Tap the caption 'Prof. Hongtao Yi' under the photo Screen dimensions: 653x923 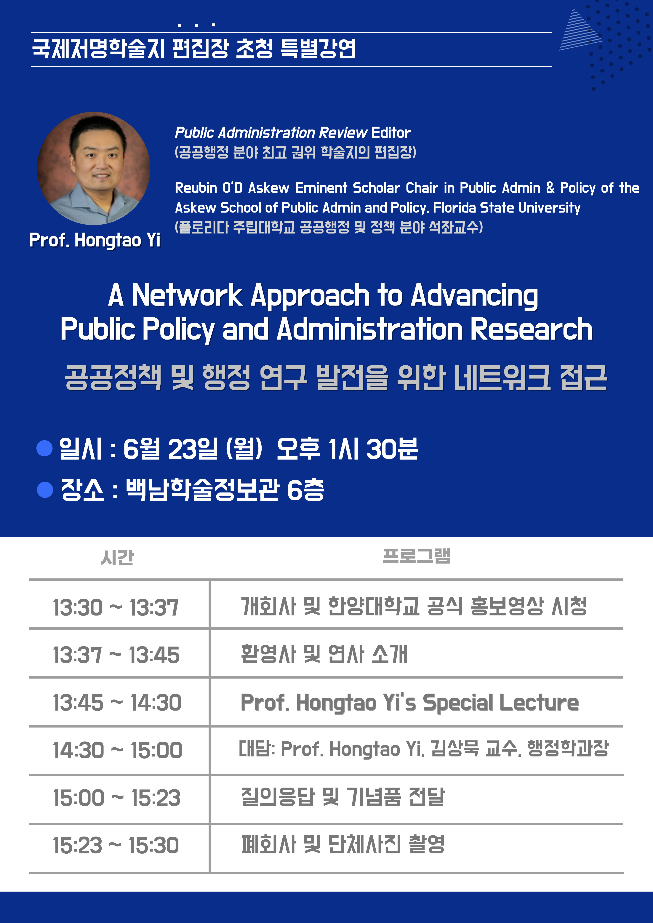click(x=95, y=240)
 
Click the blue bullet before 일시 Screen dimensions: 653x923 click(x=45, y=448)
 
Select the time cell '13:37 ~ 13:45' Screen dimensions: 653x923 click(x=116, y=655)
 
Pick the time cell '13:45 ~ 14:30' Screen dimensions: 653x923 click(x=117, y=703)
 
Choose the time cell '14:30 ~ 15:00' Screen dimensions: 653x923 click(x=117, y=750)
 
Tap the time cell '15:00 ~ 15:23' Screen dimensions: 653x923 click(x=117, y=798)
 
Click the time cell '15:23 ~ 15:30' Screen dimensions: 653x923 click(x=116, y=845)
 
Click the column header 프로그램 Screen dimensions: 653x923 click(x=416, y=556)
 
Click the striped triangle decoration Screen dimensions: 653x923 click(x=579, y=30)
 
